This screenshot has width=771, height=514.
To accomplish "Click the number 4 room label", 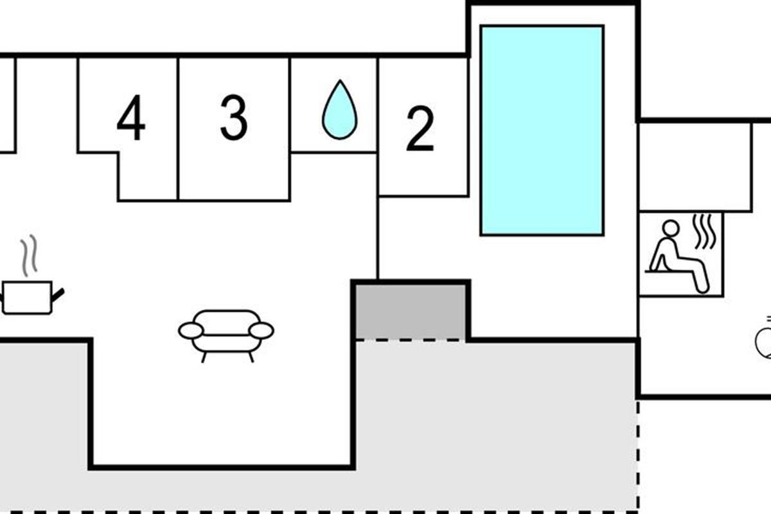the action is (x=131, y=118).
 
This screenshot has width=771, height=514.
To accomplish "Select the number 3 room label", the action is (x=234, y=118).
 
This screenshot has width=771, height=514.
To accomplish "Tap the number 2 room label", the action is (x=420, y=128).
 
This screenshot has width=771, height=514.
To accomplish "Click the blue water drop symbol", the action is (x=340, y=109).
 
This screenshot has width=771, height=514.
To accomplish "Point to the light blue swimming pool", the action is (x=542, y=130).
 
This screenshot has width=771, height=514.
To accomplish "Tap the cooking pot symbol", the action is (x=31, y=297).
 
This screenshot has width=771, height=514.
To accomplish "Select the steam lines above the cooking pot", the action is (x=29, y=255).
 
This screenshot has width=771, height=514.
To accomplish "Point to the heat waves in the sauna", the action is (x=704, y=231).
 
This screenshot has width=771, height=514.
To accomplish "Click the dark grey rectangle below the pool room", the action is (x=411, y=312).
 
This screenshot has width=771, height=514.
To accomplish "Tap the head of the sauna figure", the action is (x=671, y=229).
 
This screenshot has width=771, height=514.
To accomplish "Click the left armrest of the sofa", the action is (x=191, y=331).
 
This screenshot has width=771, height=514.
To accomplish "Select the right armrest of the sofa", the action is (x=261, y=331).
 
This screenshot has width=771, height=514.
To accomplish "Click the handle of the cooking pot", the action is (x=57, y=295).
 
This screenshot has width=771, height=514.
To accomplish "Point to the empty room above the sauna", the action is (x=695, y=166).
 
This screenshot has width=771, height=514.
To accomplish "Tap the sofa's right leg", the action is (x=251, y=357).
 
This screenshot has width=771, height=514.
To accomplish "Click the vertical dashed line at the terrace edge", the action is (x=638, y=456).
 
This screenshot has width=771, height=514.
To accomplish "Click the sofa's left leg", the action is (x=204, y=357).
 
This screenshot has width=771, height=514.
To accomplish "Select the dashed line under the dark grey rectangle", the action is (x=411, y=340).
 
